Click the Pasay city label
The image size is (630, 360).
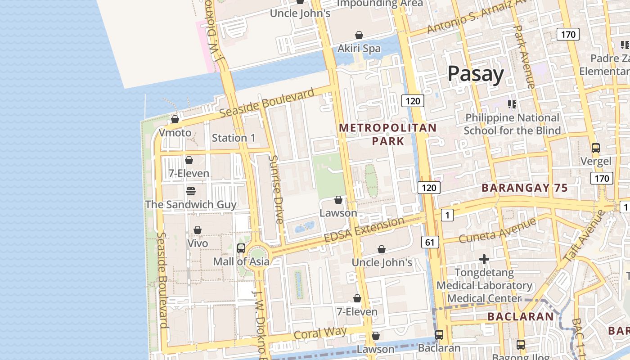475,74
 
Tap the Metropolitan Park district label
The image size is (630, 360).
387,134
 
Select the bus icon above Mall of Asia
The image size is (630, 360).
241,248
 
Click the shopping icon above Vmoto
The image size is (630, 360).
175,119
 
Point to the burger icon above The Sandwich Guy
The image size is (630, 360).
190,191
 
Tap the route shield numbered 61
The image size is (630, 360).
430,243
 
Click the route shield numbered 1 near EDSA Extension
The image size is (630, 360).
446,216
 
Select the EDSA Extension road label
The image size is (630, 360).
364,230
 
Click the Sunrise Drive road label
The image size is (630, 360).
276,189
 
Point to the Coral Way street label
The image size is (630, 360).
320,333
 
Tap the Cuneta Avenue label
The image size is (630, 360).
497,230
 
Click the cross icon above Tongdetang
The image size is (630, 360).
484,259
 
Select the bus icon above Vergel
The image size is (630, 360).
595,148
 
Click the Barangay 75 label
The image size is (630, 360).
525,188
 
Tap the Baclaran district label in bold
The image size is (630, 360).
521,317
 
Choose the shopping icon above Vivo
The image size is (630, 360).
197,230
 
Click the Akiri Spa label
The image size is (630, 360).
359,48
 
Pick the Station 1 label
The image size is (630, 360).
233,138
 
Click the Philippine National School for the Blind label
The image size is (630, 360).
512,124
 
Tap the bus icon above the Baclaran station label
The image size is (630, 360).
439,335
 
